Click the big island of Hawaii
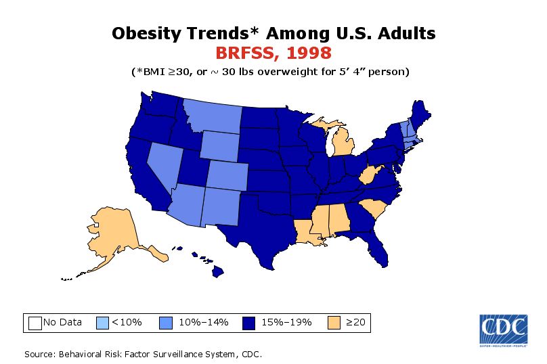point(219,271)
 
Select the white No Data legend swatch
point(35,322)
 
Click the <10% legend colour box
point(103,322)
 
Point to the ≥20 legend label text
point(355,322)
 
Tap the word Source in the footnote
point(40,354)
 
